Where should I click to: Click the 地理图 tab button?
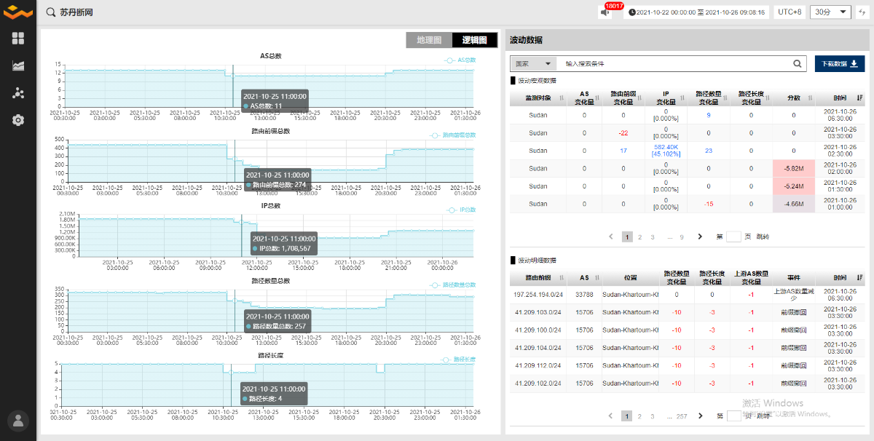coord(429,40)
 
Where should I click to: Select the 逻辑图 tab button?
coord(474,40)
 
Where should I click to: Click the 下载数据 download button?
coord(840,63)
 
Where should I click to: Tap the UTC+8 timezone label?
coord(790,12)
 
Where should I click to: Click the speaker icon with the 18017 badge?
coord(605,12)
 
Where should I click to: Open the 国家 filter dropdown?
coord(534,63)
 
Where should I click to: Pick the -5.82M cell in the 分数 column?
coord(793,169)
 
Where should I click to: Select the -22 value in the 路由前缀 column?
coord(623,133)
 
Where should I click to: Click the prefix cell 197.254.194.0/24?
coord(538,295)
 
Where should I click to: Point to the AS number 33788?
coord(583,295)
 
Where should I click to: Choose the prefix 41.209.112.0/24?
coord(538,365)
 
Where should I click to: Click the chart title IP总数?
coord(270,205)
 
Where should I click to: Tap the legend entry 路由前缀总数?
coord(459,135)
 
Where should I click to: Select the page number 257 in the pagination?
coord(682,416)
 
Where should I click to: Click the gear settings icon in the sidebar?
coord(18,120)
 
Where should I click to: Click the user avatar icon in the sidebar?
coord(18,421)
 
